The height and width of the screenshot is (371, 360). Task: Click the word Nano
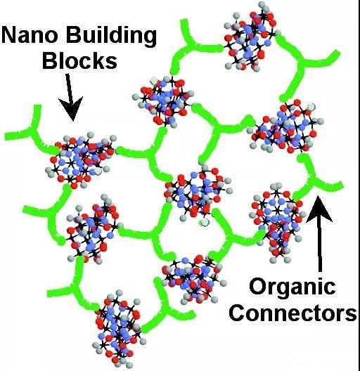tap(30, 35)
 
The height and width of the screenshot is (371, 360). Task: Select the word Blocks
tap(80, 60)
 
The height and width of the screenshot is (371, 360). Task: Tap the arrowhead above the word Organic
tap(319, 209)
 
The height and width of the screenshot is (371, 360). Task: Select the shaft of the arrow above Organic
tap(320, 247)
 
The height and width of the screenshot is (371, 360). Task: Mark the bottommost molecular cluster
tap(118, 330)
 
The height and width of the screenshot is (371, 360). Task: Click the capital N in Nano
tap(9, 35)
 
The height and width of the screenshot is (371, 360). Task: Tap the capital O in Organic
tap(257, 285)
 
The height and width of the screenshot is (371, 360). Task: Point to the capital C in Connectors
tap(237, 313)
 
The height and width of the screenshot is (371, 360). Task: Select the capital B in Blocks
tap(50, 60)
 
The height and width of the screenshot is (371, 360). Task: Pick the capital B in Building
tap(74, 35)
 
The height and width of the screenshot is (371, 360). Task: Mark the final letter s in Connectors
tap(351, 315)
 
